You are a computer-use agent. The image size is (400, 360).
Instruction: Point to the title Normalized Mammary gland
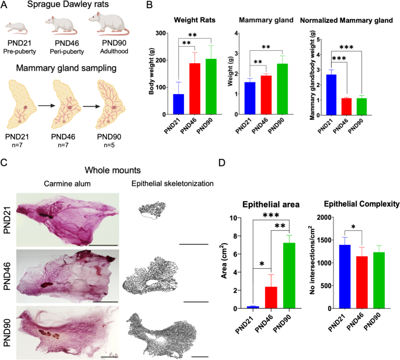[347, 21]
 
